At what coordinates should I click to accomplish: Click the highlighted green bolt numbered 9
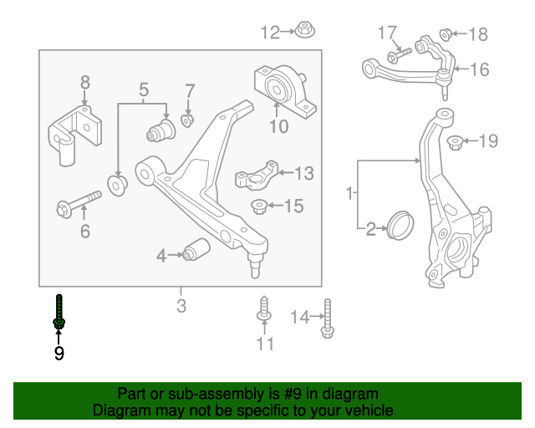click(59, 313)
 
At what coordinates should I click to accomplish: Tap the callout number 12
click(270, 33)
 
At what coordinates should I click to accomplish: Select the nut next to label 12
click(303, 32)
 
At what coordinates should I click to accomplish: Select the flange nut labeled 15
click(261, 205)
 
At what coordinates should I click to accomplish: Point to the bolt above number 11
click(264, 309)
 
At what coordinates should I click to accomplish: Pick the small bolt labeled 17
click(397, 54)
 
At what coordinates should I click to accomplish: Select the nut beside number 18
click(446, 34)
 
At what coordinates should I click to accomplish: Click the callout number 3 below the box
click(181, 306)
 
